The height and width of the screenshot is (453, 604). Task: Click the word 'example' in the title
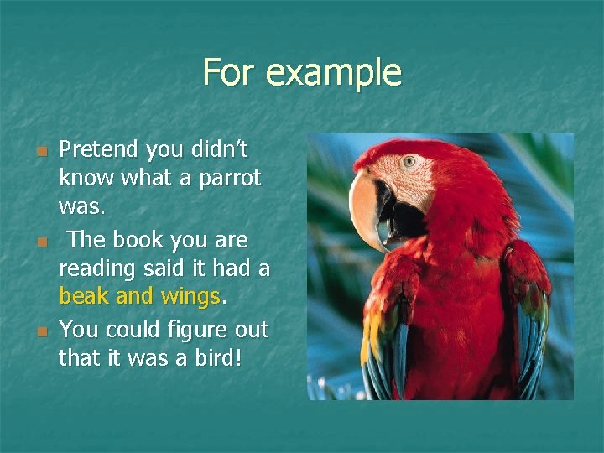coord(334,73)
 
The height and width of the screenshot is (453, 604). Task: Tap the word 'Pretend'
coord(98,150)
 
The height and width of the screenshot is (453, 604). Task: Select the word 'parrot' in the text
coord(232,179)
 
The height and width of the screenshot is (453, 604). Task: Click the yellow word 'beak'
coord(83,296)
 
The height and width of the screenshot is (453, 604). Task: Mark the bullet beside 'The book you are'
coord(40,242)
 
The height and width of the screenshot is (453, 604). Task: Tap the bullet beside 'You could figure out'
coord(40,332)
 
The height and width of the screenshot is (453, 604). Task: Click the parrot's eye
coord(409,161)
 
